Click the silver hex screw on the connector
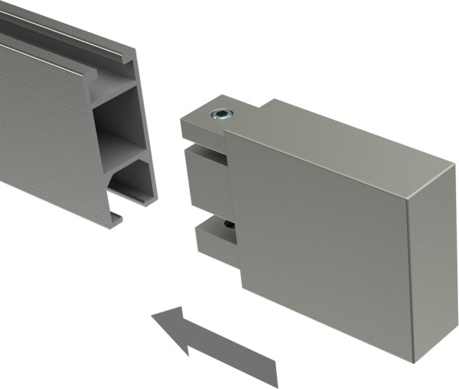(x=220, y=115)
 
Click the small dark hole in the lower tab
(x=227, y=225)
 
